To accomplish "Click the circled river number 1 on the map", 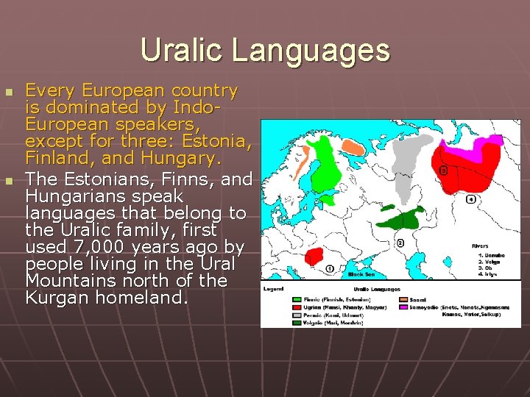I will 330,268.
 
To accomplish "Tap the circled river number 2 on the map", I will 400,243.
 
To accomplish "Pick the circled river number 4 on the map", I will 470,199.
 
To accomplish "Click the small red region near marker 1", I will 314,257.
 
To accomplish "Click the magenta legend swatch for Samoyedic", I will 403,306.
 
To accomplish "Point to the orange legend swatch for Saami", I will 403,298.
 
